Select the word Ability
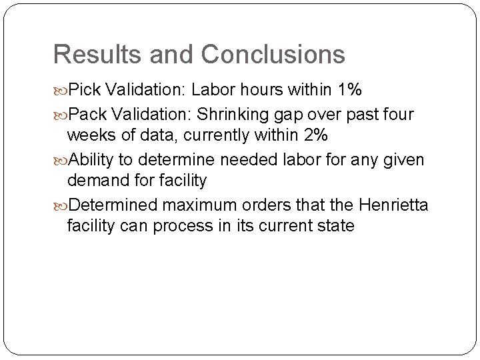point(91,161)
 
